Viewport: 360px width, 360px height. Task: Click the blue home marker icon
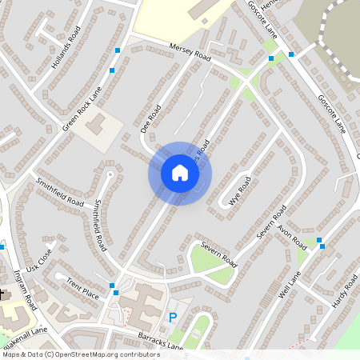click(x=180, y=173)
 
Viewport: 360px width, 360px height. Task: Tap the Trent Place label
click(x=82, y=290)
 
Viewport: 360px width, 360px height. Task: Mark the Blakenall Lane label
click(x=28, y=330)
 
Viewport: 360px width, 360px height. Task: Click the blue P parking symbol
click(x=172, y=318)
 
